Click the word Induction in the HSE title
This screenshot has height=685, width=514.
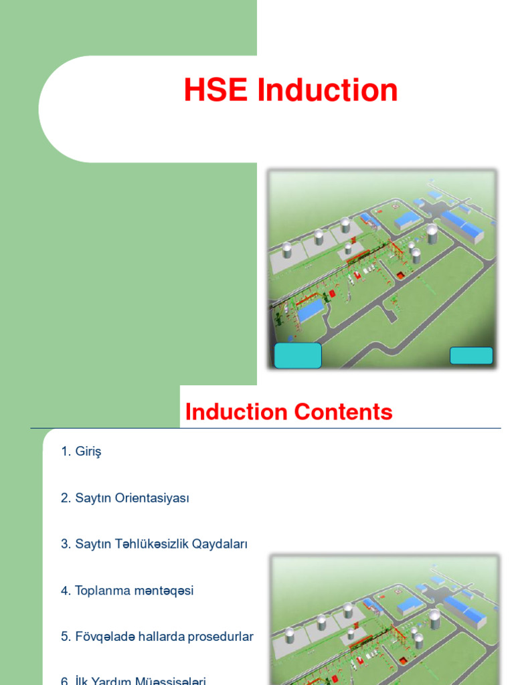[327, 91]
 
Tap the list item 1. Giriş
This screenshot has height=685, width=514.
[81, 452]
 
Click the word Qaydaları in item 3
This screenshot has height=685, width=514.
[220, 544]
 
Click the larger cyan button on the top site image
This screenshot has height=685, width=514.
[298, 355]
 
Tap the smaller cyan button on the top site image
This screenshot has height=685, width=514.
[471, 355]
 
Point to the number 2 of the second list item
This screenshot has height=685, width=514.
[64, 498]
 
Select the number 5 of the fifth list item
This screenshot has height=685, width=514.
[64, 637]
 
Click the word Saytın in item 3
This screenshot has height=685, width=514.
[93, 544]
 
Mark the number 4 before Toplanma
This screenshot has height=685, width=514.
[64, 591]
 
